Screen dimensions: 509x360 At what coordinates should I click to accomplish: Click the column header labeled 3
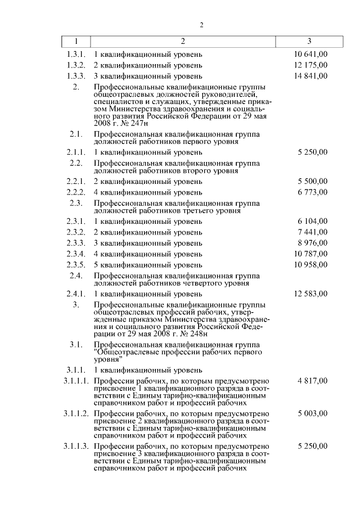pos(309,42)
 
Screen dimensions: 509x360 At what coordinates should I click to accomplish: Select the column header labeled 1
pos(76,42)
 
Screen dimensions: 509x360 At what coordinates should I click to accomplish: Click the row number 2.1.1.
pos(76,152)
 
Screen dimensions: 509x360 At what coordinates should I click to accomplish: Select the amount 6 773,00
pos(312,192)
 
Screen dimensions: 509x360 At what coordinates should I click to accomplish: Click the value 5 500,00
pos(312,181)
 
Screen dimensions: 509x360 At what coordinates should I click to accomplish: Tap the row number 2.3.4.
pos(76,254)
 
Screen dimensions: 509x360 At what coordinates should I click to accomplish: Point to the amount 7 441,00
pos(312,232)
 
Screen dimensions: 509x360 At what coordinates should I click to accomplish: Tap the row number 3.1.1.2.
pos(76,413)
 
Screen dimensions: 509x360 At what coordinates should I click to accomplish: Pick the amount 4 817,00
pos(312,381)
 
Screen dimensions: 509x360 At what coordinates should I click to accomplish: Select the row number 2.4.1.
pos(76,293)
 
